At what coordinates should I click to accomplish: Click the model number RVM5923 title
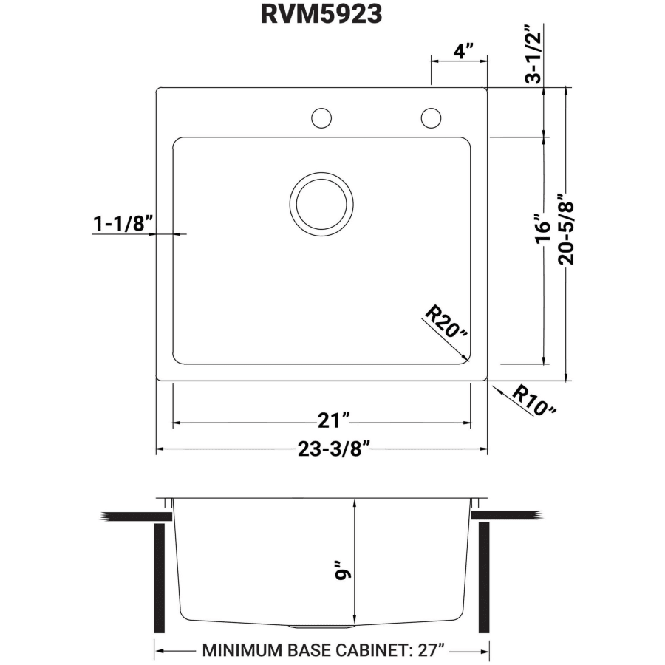click(321, 14)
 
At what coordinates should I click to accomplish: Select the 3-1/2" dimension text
click(533, 54)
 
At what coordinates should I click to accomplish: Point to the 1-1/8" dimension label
click(123, 223)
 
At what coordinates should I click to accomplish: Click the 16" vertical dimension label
click(542, 228)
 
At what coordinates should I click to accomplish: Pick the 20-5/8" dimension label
click(566, 229)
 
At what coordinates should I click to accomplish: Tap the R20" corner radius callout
click(446, 321)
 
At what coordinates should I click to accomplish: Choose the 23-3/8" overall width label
click(334, 449)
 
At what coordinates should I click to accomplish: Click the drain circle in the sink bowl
click(321, 204)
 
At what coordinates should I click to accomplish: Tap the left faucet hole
click(321, 118)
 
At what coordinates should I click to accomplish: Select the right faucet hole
click(431, 118)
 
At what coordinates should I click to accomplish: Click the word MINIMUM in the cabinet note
click(242, 649)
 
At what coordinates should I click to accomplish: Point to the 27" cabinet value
click(432, 649)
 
